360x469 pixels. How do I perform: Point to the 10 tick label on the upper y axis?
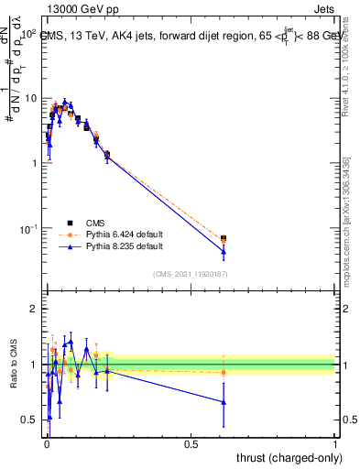click(x=30, y=98)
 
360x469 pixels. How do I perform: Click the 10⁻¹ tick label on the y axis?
click(x=28, y=228)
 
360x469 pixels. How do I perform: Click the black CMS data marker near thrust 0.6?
click(x=224, y=238)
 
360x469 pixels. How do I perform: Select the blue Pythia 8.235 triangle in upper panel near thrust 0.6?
click(x=224, y=251)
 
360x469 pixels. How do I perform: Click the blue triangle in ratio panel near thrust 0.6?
click(x=224, y=401)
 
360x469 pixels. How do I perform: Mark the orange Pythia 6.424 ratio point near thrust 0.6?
click(x=224, y=372)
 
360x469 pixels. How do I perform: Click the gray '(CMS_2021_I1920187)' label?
click(x=191, y=273)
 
